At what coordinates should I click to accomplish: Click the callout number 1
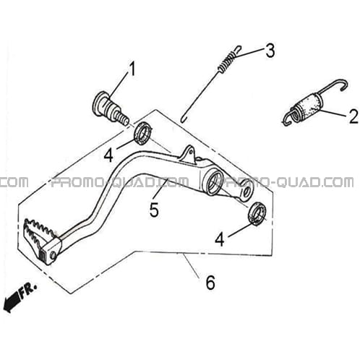(x=132, y=69)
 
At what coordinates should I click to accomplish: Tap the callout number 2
(x=353, y=116)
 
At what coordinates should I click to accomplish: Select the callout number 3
(x=270, y=51)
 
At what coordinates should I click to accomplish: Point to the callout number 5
(x=154, y=210)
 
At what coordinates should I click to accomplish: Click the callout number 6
(x=210, y=283)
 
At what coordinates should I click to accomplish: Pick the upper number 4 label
(x=108, y=155)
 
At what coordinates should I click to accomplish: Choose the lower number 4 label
(x=220, y=239)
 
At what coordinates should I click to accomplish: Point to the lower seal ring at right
(x=257, y=214)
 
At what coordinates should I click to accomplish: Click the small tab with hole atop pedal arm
(x=188, y=154)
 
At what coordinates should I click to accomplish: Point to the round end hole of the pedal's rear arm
(x=247, y=193)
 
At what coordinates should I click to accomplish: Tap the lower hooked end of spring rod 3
(x=184, y=119)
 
